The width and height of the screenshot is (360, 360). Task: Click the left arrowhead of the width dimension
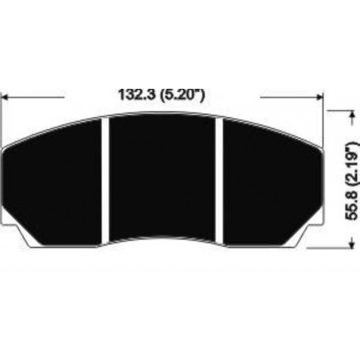[x=8, y=97]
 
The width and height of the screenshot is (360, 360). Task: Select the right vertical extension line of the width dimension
[x=323, y=118]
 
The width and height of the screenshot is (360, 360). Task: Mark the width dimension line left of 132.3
[x=35, y=97]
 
